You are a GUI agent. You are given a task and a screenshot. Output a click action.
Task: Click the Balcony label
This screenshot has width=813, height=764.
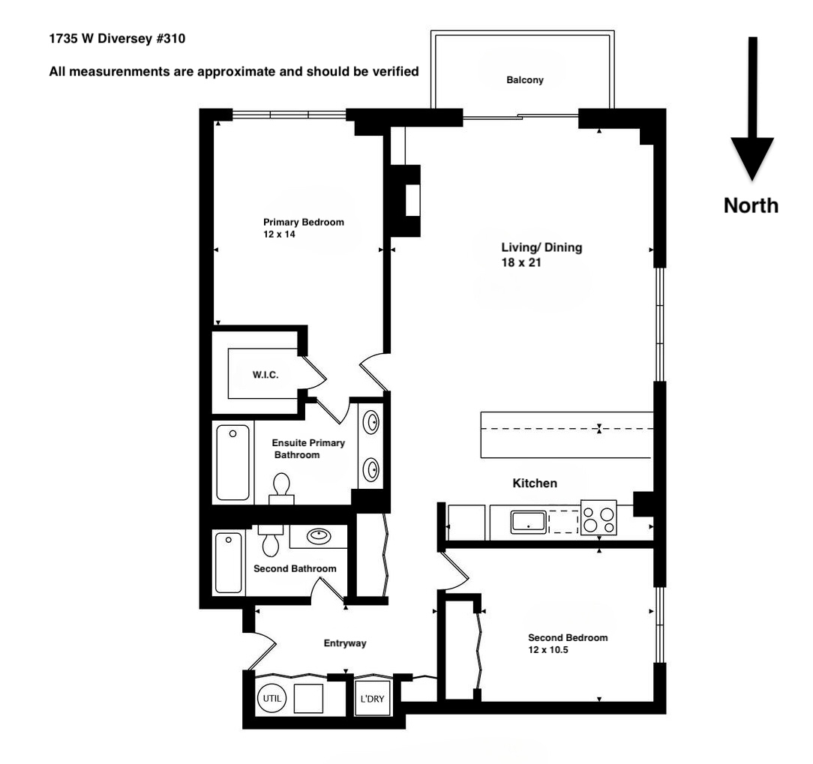(525, 80)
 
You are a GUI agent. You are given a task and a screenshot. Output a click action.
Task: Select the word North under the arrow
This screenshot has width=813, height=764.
(751, 205)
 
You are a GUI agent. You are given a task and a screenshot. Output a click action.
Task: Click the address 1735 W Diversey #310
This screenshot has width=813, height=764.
(116, 38)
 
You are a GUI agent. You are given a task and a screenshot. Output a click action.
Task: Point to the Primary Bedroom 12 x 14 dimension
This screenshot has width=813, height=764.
(274, 235)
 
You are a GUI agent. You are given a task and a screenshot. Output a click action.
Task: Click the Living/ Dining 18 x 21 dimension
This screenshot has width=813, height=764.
(521, 263)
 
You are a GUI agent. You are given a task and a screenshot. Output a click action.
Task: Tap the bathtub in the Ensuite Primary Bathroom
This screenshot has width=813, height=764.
(232, 461)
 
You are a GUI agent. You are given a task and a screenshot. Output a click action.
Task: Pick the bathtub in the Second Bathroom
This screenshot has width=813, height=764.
(229, 562)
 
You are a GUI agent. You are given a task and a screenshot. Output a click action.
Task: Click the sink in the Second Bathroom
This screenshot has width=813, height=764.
(319, 536)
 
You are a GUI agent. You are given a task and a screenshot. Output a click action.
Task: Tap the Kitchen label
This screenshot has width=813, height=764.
(535, 484)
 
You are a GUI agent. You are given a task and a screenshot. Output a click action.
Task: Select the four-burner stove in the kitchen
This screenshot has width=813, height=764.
(598, 518)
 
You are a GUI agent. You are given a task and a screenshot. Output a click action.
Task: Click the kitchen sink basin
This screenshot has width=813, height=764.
(529, 522)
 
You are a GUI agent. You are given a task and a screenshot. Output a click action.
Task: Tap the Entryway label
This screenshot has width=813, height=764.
(345, 643)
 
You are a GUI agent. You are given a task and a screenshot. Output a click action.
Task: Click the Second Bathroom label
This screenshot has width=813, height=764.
(295, 569)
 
